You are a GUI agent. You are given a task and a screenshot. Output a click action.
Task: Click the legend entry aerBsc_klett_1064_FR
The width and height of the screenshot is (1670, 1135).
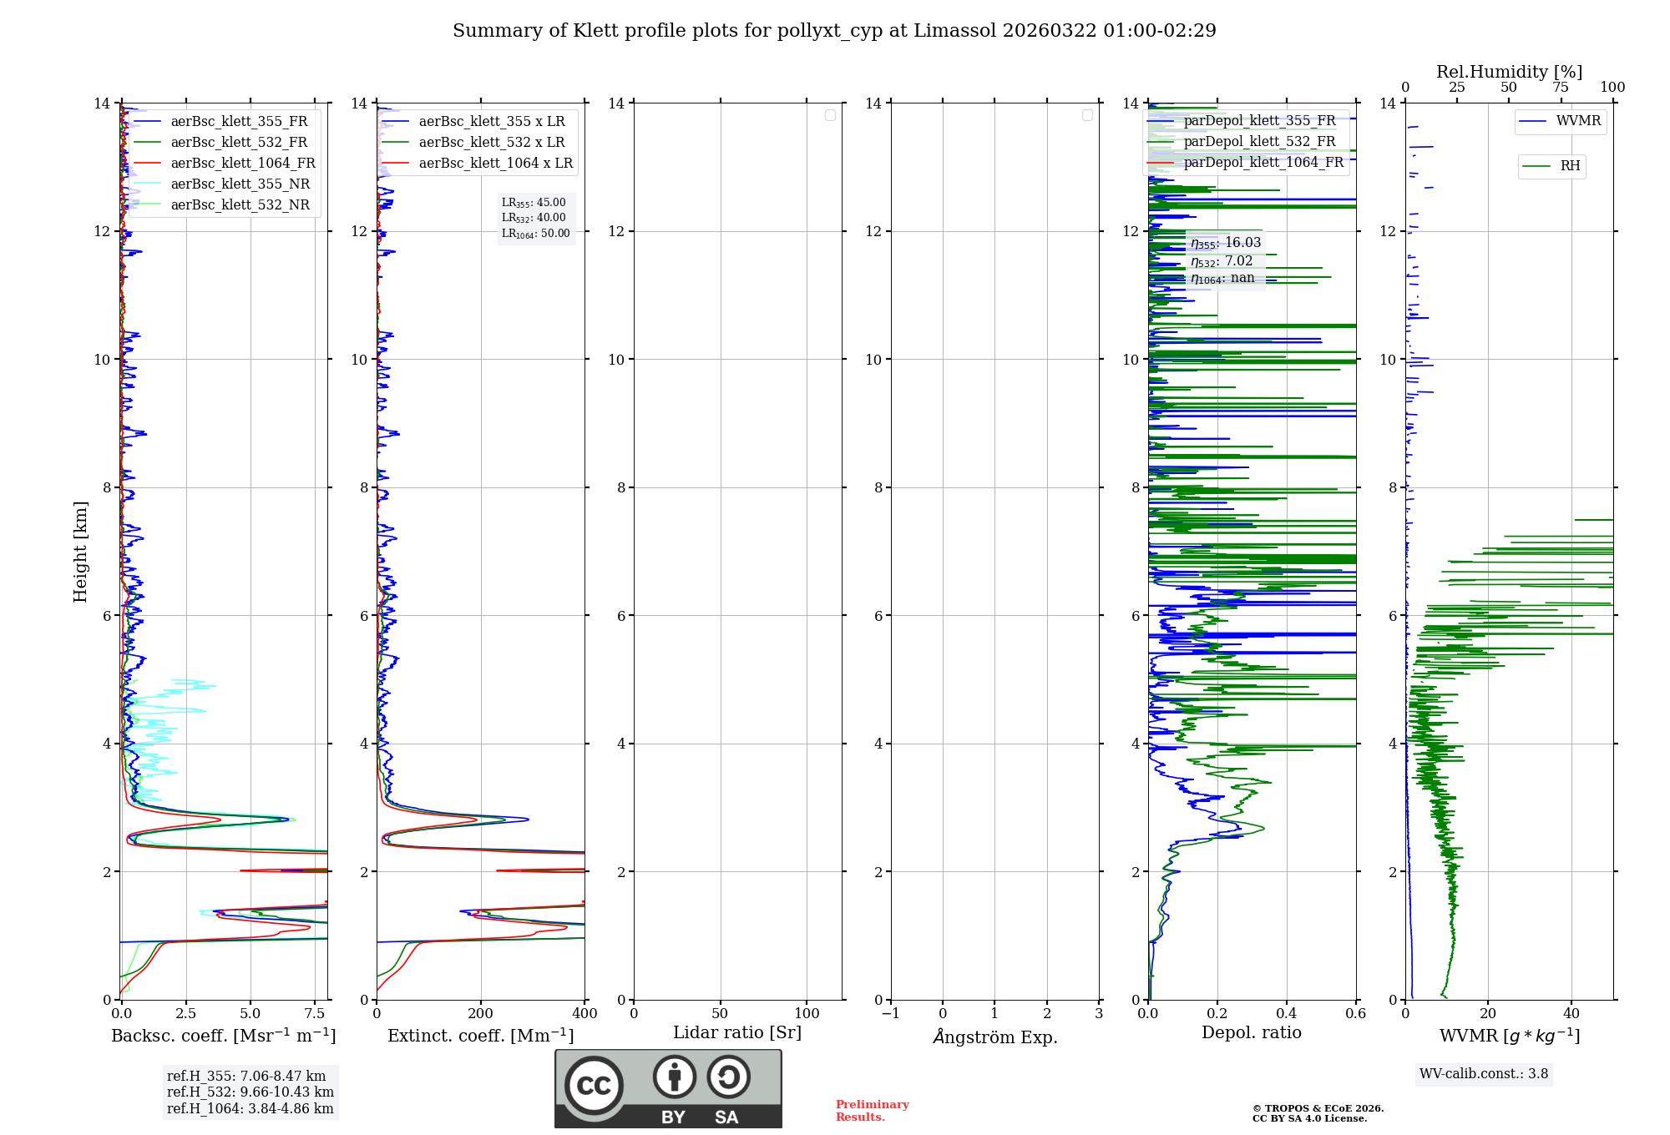point(242,164)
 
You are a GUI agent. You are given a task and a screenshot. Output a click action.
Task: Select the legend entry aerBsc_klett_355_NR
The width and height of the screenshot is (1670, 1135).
point(240,184)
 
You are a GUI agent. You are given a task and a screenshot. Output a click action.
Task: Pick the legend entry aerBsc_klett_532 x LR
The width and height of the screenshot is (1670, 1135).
point(491,143)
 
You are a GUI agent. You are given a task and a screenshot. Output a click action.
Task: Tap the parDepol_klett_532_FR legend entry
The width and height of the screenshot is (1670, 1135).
point(1259,142)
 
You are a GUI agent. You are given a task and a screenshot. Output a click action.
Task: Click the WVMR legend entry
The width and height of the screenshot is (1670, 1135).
point(1578,121)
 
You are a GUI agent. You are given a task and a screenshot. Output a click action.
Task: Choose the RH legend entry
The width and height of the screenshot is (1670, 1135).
point(1570,166)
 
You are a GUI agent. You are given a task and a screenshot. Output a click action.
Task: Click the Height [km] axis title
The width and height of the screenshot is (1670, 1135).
point(80,552)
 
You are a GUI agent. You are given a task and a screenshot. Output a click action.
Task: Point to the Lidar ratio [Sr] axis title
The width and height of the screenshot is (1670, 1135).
point(736,1033)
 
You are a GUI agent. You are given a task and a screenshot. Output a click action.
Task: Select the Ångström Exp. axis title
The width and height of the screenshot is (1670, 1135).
point(994,1037)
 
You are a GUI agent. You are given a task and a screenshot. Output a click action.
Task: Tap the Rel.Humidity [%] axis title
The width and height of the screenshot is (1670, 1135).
point(1509,72)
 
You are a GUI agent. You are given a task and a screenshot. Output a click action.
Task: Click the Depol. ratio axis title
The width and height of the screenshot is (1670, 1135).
point(1251,1033)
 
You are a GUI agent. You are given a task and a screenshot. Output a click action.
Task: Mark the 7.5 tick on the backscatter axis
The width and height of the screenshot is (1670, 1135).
point(315,1014)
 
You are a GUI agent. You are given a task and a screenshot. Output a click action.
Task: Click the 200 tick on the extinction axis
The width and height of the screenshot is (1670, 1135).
point(481,1014)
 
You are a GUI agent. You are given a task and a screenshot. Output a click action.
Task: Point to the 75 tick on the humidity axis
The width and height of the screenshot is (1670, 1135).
point(1560,88)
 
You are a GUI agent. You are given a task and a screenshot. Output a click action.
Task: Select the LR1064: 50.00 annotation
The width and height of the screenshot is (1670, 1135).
point(535,234)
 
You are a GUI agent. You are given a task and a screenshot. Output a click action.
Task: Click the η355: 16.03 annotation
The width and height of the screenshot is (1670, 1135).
point(1225,243)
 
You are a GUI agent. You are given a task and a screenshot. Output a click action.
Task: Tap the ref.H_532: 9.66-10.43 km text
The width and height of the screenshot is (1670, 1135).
point(250,1092)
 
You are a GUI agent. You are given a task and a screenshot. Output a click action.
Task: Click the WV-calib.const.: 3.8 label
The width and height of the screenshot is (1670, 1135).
point(1483,1074)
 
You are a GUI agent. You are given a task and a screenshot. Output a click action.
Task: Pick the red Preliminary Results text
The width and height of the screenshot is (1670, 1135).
point(872,1111)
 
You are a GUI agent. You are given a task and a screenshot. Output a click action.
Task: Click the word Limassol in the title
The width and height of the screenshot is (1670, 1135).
point(954,31)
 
